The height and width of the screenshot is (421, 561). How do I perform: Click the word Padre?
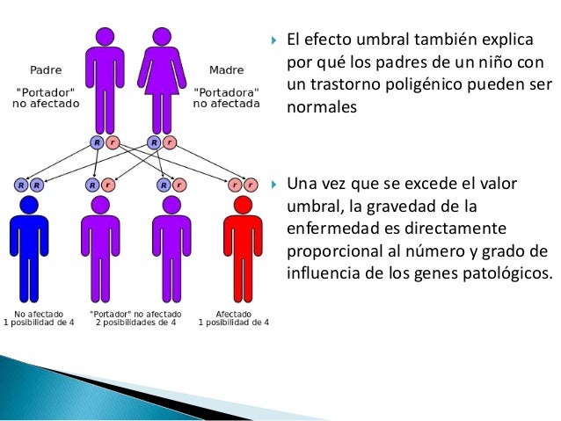click(46, 69)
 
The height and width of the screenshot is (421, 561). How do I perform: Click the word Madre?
click(227, 69)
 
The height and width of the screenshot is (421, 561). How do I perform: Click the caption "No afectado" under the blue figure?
click(39, 312)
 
